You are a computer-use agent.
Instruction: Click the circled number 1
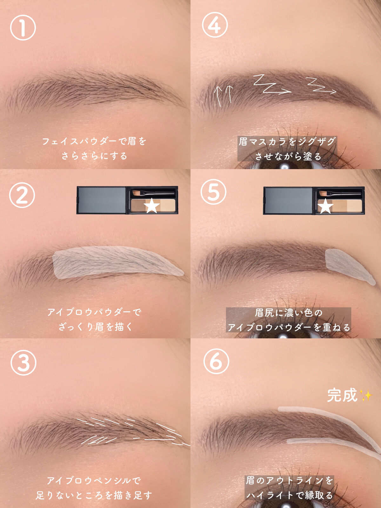(23, 28)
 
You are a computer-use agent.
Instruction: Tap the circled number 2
(22, 195)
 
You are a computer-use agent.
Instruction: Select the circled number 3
(23, 363)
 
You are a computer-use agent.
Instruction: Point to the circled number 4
(215, 25)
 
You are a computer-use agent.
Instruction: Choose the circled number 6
(216, 361)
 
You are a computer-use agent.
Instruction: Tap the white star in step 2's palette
(152, 205)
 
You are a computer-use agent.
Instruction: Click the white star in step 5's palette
(325, 206)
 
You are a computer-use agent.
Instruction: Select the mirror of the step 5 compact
(288, 200)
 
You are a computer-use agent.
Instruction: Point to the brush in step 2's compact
(153, 193)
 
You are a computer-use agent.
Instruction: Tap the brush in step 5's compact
(340, 193)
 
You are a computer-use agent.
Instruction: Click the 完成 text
(342, 395)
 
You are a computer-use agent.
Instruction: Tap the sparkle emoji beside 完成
(365, 395)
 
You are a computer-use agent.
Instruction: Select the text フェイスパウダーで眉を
(94, 141)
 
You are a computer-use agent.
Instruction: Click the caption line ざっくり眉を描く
(95, 327)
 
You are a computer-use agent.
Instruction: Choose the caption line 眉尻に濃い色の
(289, 313)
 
